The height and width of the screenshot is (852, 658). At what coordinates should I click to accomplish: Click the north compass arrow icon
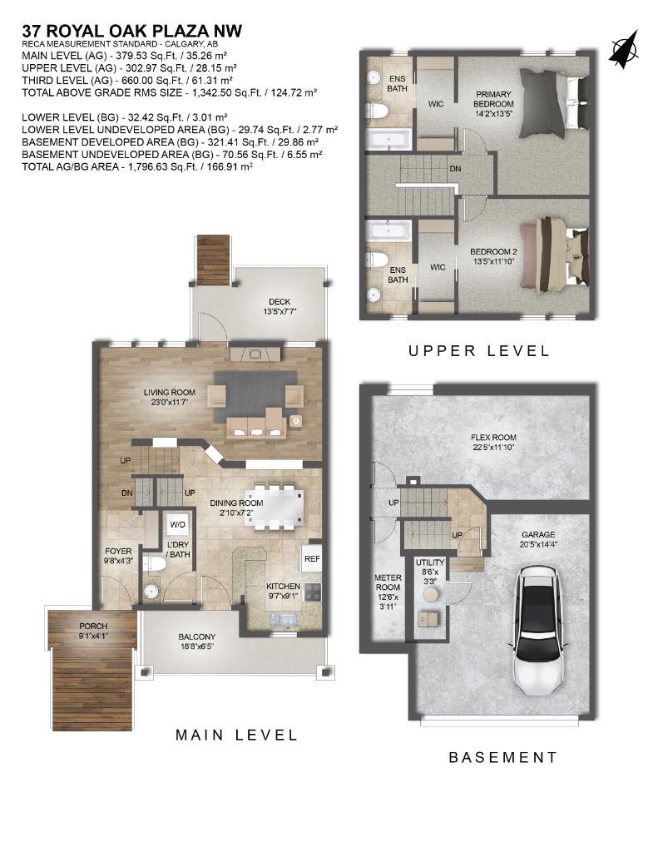point(623,49)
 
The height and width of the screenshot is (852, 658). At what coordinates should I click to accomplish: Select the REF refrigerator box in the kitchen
point(312,559)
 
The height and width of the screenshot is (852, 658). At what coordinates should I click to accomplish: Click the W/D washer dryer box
point(178,525)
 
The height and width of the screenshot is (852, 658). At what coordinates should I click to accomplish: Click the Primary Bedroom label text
point(493,100)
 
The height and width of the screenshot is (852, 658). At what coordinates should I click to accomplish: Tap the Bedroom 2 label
point(493,257)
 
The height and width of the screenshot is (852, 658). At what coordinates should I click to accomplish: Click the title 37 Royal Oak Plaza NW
point(131,32)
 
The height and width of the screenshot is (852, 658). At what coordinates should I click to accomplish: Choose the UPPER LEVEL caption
point(478,351)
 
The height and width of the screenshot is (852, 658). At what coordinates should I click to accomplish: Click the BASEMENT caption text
point(502,757)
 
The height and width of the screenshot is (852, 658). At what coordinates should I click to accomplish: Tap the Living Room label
point(169,397)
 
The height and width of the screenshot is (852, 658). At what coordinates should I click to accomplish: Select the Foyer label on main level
point(118,555)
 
